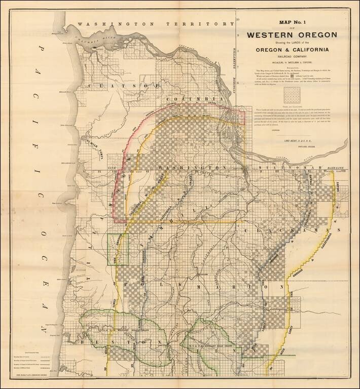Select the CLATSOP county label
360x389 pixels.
[106, 86]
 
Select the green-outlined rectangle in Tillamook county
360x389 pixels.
[118, 249]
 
